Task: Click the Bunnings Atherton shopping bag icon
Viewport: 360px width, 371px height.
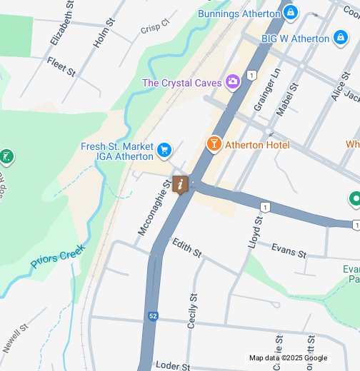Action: pyautogui.click(x=290, y=13)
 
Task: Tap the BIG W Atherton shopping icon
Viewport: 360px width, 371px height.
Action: pyautogui.click(x=341, y=38)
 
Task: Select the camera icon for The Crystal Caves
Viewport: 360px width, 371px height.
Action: pyautogui.click(x=232, y=83)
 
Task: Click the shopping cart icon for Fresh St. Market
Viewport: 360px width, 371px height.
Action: pyautogui.click(x=165, y=150)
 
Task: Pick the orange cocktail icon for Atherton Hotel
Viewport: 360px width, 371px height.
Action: pyautogui.click(x=214, y=144)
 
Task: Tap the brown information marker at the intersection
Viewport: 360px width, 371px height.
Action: pyautogui.click(x=181, y=185)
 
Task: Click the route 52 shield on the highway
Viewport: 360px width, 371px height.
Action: pyautogui.click(x=153, y=315)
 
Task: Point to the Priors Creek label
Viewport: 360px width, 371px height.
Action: pyautogui.click(x=57, y=258)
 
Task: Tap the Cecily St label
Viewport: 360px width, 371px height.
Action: pyautogui.click(x=191, y=310)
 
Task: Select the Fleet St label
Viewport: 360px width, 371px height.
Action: pyautogui.click(x=61, y=66)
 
